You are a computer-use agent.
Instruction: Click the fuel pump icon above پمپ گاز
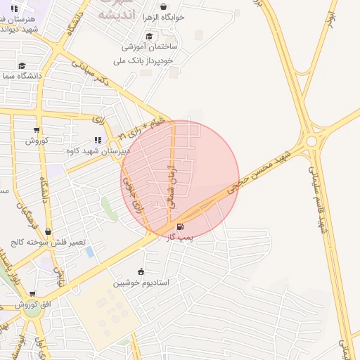pos(181,227)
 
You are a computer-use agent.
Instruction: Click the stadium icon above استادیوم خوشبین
pos(141,271)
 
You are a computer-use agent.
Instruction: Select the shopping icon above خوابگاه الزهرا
pos(164,6)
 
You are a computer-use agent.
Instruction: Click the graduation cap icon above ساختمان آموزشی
pos(148,37)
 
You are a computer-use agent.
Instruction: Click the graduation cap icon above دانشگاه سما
pos(22,65)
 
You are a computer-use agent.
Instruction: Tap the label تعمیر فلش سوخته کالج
pos(48,242)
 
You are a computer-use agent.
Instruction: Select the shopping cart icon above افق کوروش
pos(32,294)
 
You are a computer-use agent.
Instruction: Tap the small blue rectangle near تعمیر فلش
pos(90,251)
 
